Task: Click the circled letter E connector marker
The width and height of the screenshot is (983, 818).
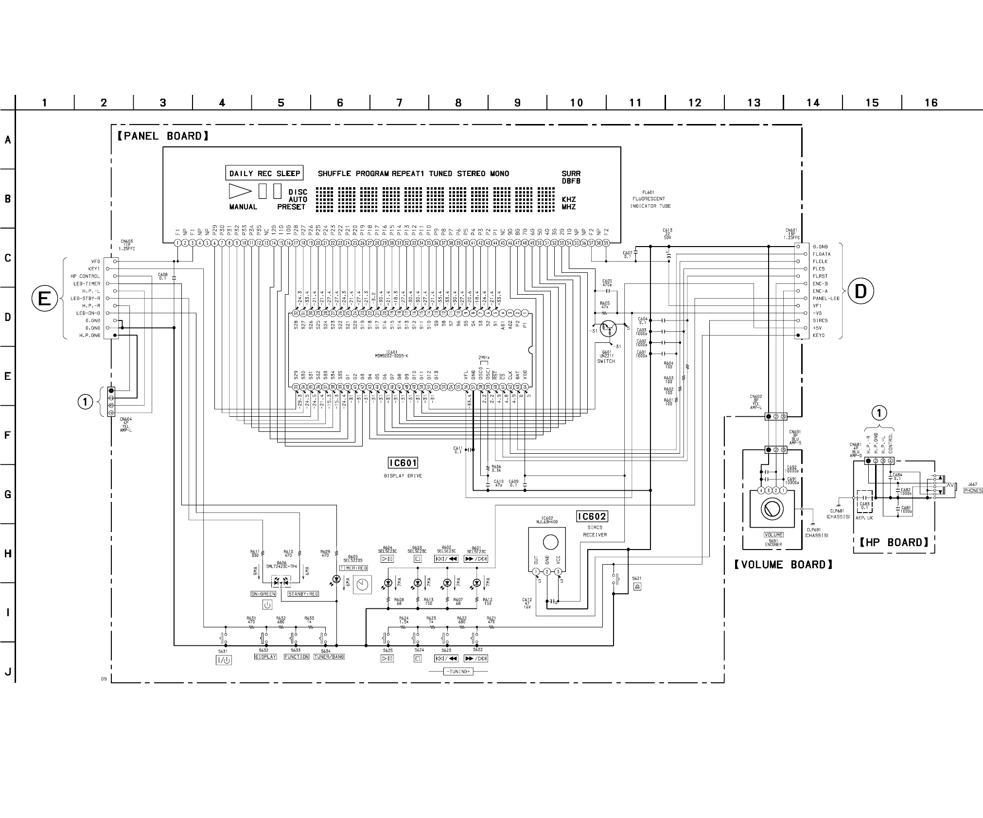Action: click(x=44, y=298)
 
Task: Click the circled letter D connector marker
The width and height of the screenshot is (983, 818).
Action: click(x=860, y=291)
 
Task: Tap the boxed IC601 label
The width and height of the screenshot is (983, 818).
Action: click(x=403, y=463)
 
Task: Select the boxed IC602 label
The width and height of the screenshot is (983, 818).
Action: click(x=592, y=516)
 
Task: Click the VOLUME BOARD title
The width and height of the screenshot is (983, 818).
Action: click(x=783, y=565)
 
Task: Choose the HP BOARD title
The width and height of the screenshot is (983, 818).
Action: click(x=894, y=543)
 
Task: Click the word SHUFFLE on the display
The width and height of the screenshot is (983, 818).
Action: click(x=334, y=174)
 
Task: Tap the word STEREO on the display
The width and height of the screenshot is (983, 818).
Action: click(x=471, y=174)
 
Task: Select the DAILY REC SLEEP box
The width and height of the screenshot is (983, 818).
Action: click(x=264, y=173)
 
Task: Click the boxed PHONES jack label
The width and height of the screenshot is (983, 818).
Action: click(x=973, y=491)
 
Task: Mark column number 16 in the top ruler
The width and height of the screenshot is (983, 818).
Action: click(x=930, y=103)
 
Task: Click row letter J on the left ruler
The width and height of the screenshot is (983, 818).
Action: click(x=8, y=672)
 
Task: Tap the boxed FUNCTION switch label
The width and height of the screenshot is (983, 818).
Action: click(x=297, y=657)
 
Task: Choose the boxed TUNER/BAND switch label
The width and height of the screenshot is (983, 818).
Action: click(x=329, y=657)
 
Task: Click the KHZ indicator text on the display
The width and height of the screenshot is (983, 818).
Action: click(x=568, y=199)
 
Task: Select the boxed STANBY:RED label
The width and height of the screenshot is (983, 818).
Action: click(x=303, y=594)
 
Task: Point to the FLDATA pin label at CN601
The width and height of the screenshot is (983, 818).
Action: click(x=822, y=254)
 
